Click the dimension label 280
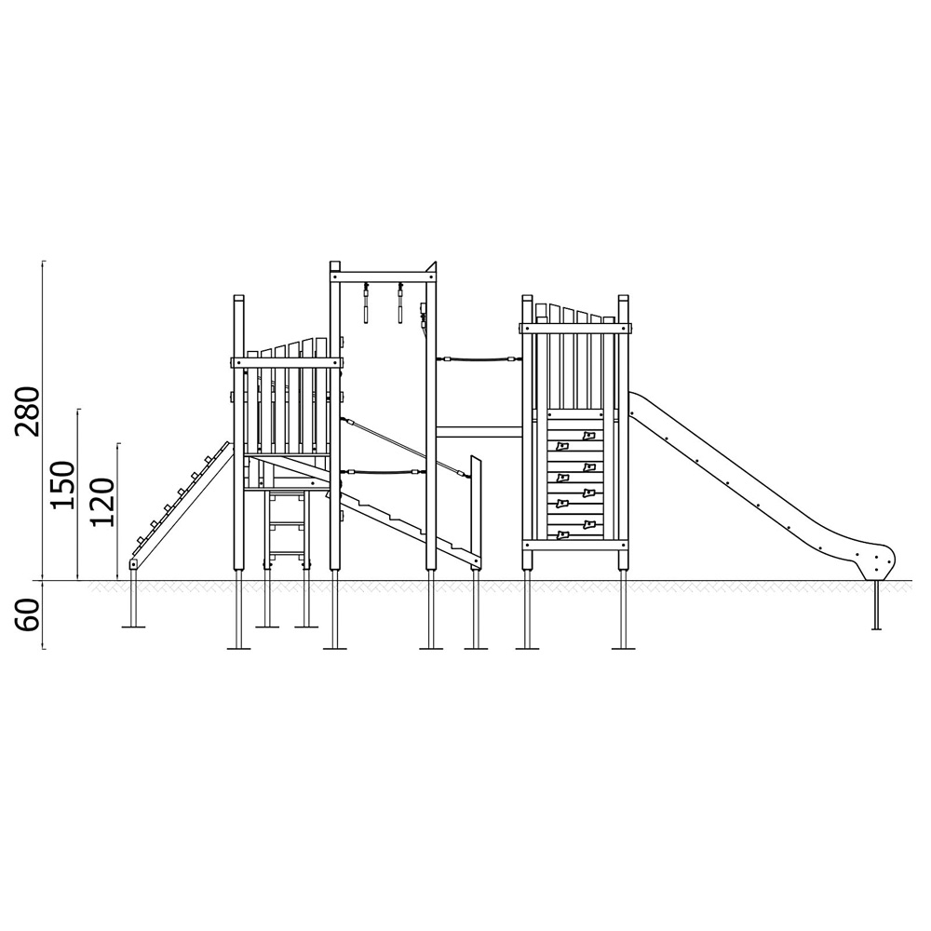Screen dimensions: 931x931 pos(28,411)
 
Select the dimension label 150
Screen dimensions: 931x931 pos(63,485)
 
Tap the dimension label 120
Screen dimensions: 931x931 pos(101,502)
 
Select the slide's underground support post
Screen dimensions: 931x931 pos(876,604)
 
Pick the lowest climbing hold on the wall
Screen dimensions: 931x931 pos(562,535)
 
